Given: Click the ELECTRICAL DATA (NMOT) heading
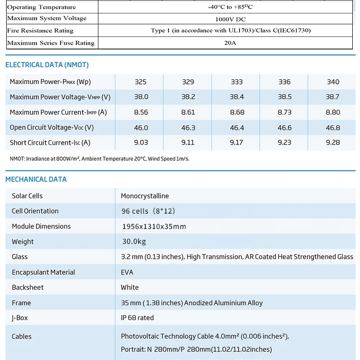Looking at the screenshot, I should [x=47, y=65].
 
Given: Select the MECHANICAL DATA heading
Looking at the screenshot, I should [x=36, y=180].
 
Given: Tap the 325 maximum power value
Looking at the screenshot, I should [x=141, y=82].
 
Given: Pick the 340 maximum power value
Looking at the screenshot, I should [x=333, y=82].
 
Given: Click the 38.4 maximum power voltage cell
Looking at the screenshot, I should [x=237, y=97].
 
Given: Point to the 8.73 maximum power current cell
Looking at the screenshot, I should [x=285, y=112].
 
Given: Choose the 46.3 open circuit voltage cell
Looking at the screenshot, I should [x=188, y=128].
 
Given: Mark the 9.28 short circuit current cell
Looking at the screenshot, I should [x=333, y=143].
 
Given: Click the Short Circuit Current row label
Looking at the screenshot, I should [x=50, y=143].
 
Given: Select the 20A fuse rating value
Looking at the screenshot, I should [x=230, y=43].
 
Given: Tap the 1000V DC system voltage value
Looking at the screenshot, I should [x=230, y=19].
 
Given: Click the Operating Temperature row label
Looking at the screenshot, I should [x=42, y=7].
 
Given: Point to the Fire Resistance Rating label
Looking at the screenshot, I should [x=40, y=31].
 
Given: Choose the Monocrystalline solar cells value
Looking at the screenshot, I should [x=145, y=196].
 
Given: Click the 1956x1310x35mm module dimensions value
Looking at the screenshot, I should [x=154, y=227].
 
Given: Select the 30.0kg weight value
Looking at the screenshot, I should [x=134, y=241].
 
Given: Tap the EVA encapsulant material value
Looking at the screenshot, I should [x=127, y=272].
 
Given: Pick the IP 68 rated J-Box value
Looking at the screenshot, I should [x=137, y=318].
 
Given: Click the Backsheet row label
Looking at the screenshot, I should [x=28, y=288].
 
